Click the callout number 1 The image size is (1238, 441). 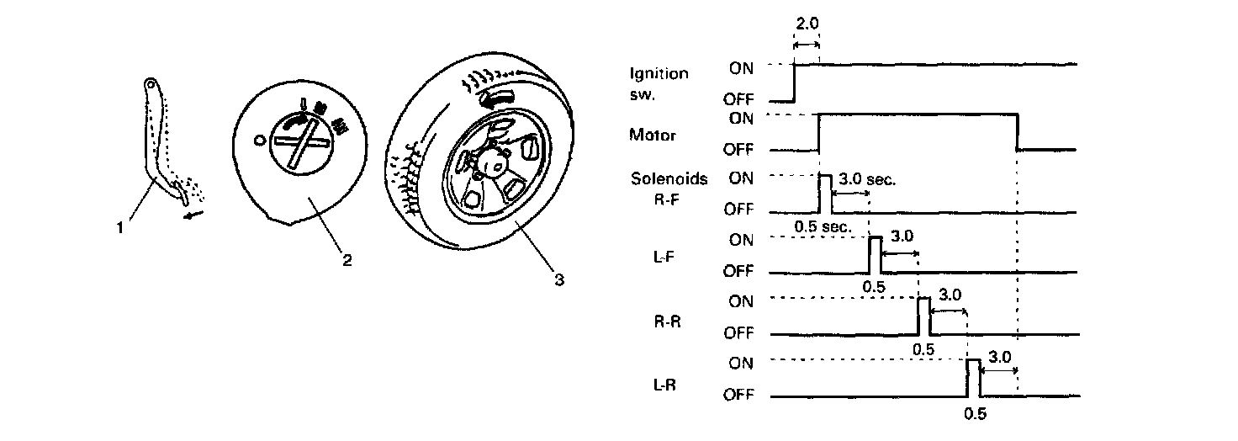click(122, 228)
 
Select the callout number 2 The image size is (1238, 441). click(346, 259)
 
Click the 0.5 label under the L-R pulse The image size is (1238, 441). click(974, 413)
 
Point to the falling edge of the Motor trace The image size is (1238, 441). click(1018, 133)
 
